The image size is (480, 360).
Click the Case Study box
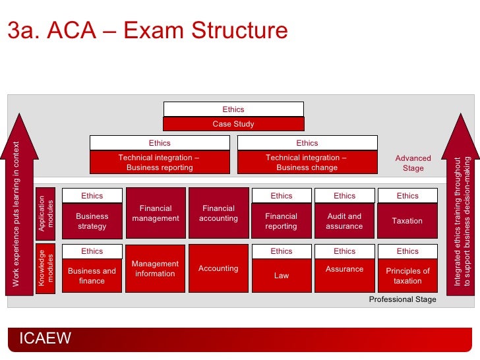(233, 124)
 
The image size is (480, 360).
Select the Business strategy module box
(92, 222)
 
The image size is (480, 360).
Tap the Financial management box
(155, 213)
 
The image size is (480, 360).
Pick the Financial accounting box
(218, 213)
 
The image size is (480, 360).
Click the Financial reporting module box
(282, 222)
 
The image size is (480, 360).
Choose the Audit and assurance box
(344, 222)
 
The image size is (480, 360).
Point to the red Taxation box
(407, 222)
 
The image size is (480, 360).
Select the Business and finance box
(92, 276)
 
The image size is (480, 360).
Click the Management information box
(155, 268)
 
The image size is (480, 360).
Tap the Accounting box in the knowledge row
(218, 268)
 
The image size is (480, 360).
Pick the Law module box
(282, 276)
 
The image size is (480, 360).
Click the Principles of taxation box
(407, 276)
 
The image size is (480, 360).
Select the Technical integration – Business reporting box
(160, 163)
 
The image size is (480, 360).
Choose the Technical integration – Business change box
(307, 163)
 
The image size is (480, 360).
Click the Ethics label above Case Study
(233, 109)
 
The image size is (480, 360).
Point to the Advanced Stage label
(413, 163)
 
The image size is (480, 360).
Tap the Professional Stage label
(402, 299)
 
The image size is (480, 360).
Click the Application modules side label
(46, 213)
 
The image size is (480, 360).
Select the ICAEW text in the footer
(45, 339)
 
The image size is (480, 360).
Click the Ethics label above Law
(282, 251)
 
